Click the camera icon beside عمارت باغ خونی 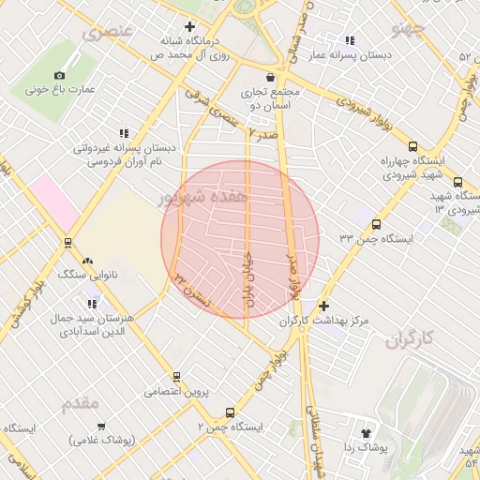coord(60,75)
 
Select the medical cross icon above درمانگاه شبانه coord(190,26)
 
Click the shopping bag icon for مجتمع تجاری coord(271,76)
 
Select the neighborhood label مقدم coord(80,404)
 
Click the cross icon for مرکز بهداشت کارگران coord(323,306)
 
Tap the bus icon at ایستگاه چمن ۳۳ coord(376,225)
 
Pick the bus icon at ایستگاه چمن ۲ coord(230,412)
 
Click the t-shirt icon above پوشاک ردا coord(366,433)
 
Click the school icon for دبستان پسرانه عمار coord(351,40)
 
